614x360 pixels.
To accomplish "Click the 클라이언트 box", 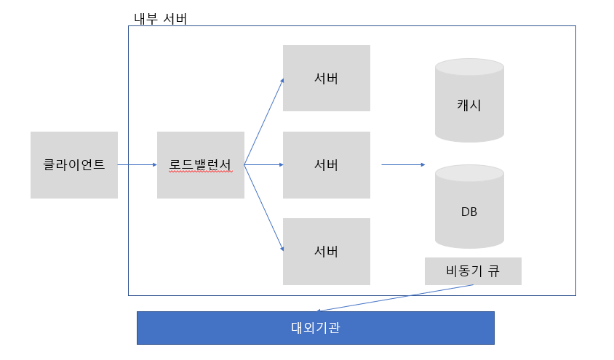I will (x=73, y=165).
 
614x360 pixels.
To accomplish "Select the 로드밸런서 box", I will (x=200, y=165).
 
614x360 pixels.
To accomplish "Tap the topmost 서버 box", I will (x=326, y=78).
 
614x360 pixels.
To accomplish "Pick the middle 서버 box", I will (x=326, y=165).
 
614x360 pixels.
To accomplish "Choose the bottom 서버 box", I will (x=326, y=252).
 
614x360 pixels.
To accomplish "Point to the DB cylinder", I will (x=469, y=207).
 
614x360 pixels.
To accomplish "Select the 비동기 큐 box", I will (x=473, y=271).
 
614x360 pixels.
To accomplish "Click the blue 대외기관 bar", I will (x=315, y=328).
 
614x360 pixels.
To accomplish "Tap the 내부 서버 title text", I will (x=161, y=19).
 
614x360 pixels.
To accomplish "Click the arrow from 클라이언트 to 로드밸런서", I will (x=137, y=165).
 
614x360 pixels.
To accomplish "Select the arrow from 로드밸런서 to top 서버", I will (x=264, y=121).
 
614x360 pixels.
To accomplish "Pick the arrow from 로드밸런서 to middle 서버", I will (x=263, y=165).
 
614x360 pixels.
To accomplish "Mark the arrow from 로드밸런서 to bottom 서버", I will (x=264, y=208).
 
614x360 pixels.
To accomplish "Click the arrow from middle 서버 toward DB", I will (x=402, y=165).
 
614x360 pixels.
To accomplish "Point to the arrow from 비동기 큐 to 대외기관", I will (x=396, y=297).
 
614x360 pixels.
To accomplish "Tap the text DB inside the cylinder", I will (x=469, y=212).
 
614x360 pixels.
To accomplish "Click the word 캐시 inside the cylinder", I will (x=469, y=105).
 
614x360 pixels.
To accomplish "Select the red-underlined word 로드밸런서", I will (x=200, y=165).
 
